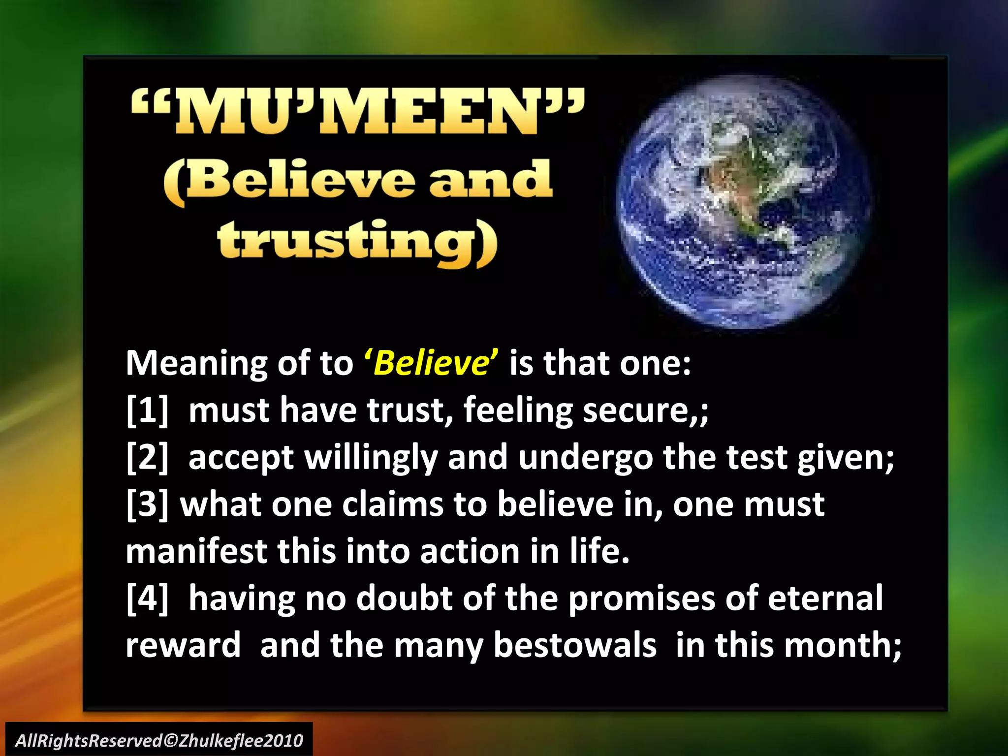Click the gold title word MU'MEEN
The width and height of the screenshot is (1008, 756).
[x=357, y=112]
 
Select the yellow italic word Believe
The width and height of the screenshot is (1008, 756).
[x=431, y=363]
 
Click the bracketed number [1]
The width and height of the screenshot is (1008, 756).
[x=147, y=410]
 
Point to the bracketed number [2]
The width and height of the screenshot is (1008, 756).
[x=147, y=457]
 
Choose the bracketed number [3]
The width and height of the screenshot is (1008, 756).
[x=147, y=504]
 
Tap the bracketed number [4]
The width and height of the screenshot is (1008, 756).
[x=147, y=598]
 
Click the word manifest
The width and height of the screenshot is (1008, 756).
[x=196, y=551]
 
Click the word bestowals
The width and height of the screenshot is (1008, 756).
[x=575, y=645]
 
